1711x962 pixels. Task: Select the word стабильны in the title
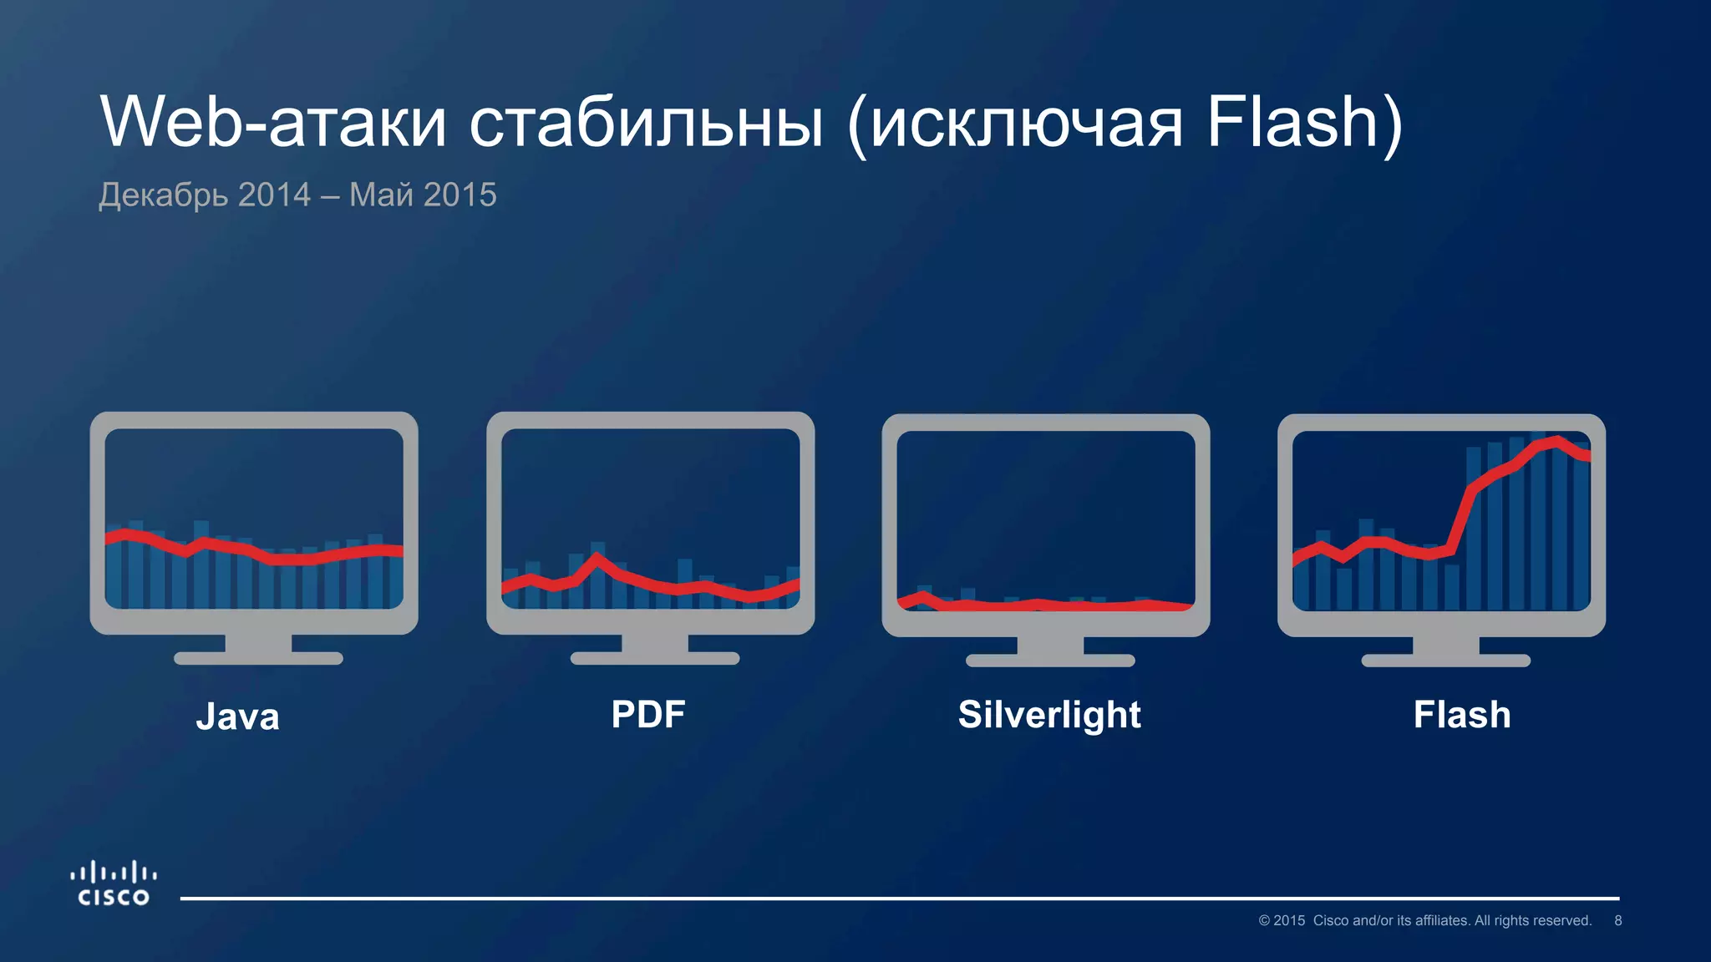(x=646, y=124)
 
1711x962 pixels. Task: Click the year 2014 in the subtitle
(x=274, y=195)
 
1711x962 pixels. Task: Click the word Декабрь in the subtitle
(x=163, y=195)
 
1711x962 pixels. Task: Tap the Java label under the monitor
(x=237, y=716)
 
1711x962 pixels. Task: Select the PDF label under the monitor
(x=647, y=715)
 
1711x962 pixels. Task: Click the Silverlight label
(x=1049, y=715)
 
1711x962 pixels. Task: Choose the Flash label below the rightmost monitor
(x=1462, y=715)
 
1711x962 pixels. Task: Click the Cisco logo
(x=114, y=884)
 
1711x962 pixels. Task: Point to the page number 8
(x=1617, y=920)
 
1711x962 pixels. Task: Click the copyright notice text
(x=1424, y=920)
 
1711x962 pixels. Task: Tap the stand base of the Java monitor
(x=258, y=658)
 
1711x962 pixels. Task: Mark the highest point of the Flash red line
(x=1557, y=441)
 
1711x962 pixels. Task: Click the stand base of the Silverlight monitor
(x=1050, y=661)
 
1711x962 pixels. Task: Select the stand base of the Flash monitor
(x=1445, y=661)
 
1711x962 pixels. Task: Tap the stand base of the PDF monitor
(x=654, y=658)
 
